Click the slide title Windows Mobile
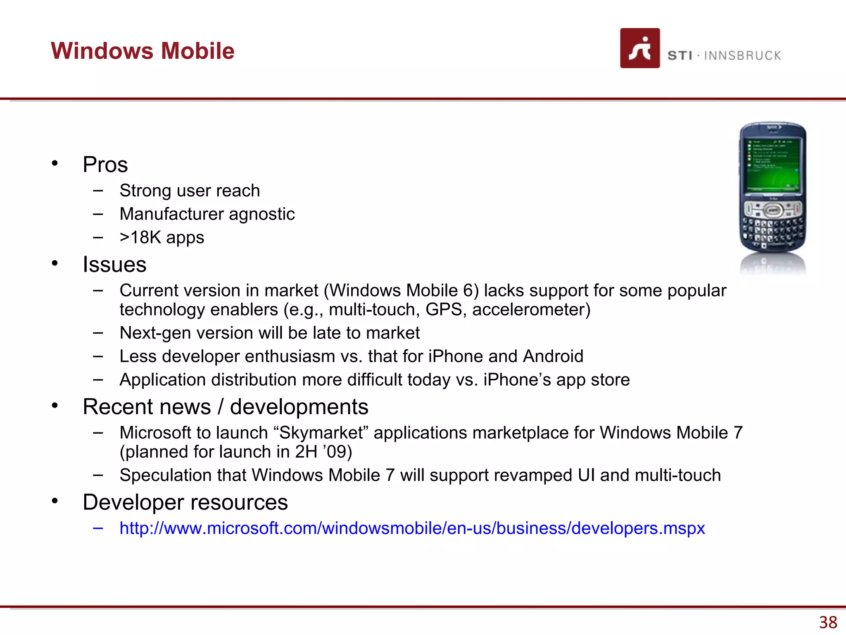point(143,51)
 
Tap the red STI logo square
point(639,48)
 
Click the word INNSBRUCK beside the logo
point(742,56)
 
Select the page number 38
point(828,622)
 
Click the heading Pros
point(105,165)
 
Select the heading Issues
point(114,265)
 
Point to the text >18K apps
point(162,237)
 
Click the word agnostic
point(261,214)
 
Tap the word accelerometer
point(531,310)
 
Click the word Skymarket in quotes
point(321,433)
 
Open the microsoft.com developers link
point(412,528)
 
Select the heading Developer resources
point(185,502)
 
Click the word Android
point(553,356)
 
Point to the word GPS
point(443,310)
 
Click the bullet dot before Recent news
point(55,406)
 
